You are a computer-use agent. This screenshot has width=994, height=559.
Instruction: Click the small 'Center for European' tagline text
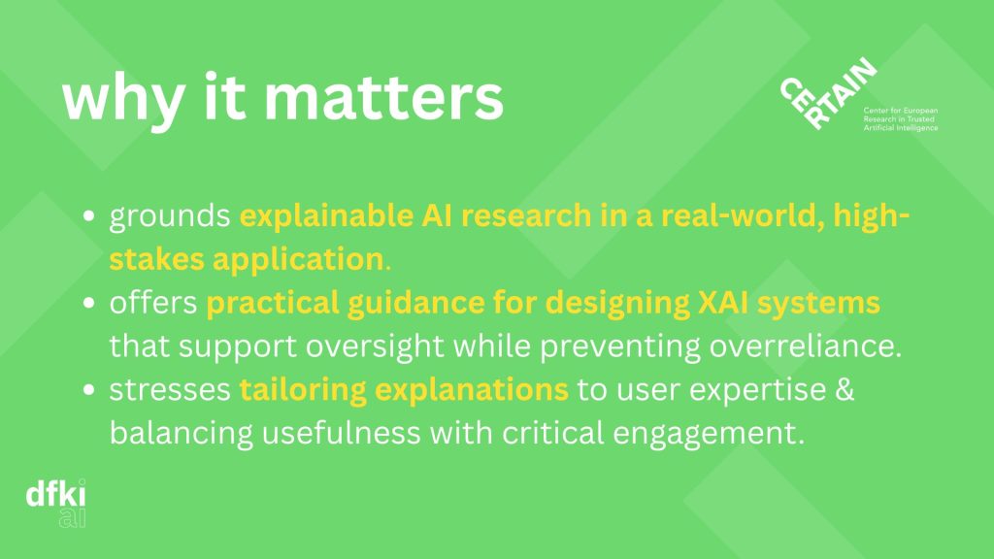tap(900, 111)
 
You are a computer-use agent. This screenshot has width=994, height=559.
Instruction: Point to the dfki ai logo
tap(55, 504)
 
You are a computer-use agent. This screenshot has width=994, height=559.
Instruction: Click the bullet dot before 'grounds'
tap(88, 216)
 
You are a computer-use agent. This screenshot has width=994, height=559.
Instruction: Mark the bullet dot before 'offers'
tap(88, 303)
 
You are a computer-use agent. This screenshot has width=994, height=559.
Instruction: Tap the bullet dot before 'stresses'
tap(88, 390)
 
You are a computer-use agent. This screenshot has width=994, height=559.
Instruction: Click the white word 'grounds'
tap(169, 216)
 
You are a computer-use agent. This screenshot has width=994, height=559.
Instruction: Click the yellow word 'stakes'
tap(156, 259)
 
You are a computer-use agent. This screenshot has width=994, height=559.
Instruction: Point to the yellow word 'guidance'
tap(415, 303)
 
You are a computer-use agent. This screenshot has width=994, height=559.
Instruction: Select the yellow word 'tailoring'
tap(303, 390)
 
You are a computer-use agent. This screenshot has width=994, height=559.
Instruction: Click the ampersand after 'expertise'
tap(845, 389)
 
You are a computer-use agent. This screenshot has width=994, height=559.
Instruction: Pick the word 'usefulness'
tap(341, 433)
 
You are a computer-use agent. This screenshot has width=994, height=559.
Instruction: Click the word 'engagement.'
tap(709, 434)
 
